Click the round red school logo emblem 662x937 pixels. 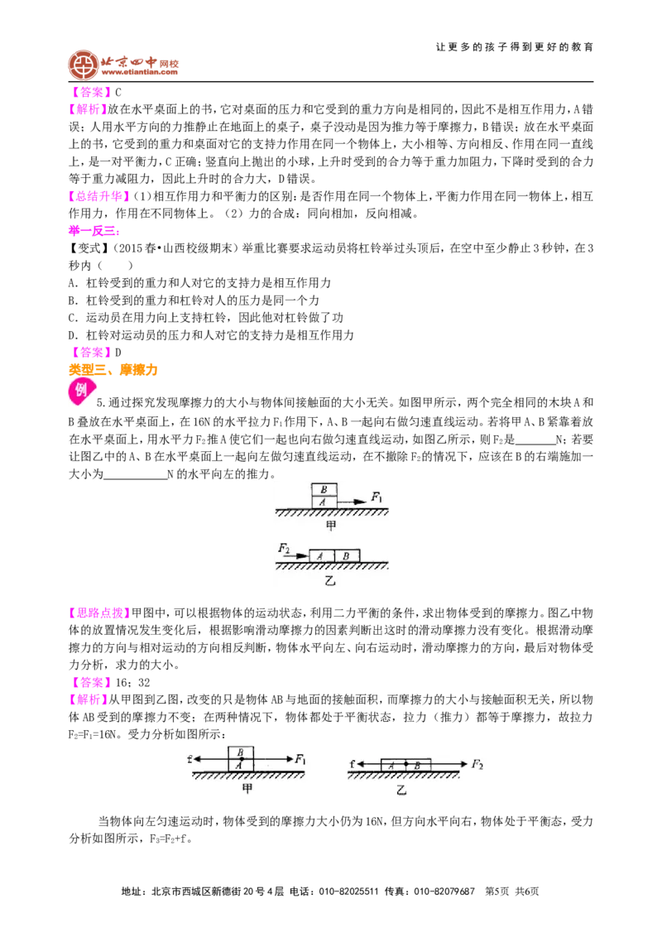click(x=83, y=65)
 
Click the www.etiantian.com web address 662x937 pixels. click(x=139, y=72)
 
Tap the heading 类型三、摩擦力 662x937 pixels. click(x=113, y=370)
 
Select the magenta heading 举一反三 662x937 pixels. click(x=94, y=231)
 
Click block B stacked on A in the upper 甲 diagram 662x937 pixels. click(x=324, y=489)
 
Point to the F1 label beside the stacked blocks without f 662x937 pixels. click(x=377, y=497)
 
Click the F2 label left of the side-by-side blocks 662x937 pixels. click(x=284, y=548)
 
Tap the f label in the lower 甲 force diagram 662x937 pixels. click(x=190, y=759)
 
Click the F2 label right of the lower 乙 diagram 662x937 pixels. click(x=477, y=764)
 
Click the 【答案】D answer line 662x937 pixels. click(x=95, y=353)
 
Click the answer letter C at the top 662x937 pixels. click(x=118, y=93)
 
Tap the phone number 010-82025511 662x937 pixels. click(x=348, y=891)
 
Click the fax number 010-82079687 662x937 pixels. click(x=444, y=891)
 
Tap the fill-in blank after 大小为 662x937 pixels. click(x=136, y=475)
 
